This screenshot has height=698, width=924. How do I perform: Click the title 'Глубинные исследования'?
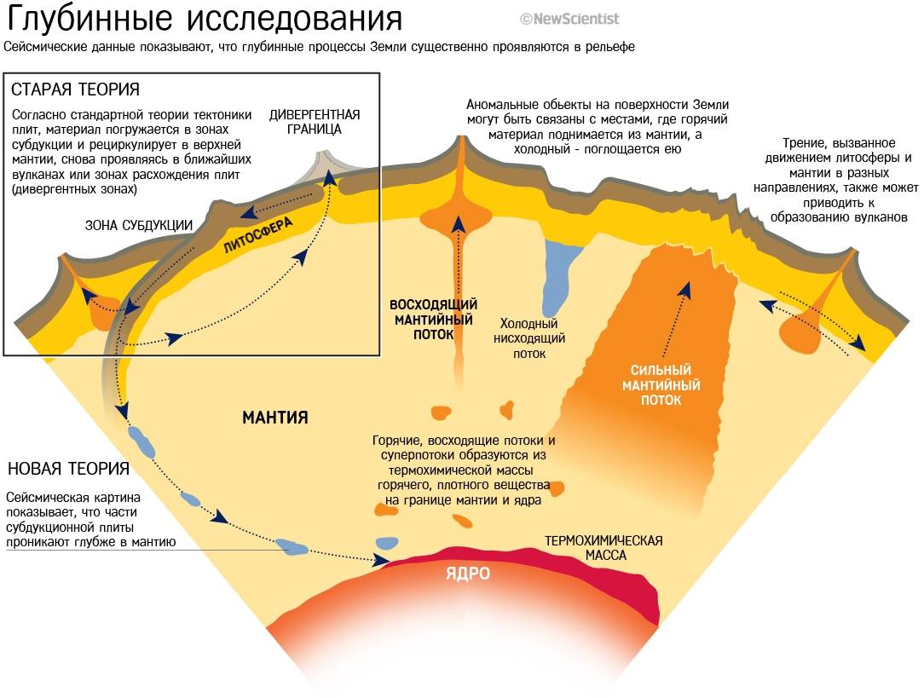(205, 19)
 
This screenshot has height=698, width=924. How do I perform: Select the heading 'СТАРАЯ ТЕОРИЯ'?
(76, 89)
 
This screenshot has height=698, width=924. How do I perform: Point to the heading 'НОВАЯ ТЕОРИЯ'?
(68, 469)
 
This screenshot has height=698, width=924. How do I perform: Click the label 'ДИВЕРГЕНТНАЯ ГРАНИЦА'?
(315, 122)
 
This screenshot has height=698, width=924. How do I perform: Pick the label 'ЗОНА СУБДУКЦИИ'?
(139, 225)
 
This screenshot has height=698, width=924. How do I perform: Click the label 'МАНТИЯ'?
(274, 418)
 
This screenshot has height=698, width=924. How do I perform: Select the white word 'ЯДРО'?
(468, 574)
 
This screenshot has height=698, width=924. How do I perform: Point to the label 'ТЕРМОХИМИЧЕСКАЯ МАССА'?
(603, 547)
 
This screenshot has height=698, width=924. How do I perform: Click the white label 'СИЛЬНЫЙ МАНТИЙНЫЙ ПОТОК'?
(666, 385)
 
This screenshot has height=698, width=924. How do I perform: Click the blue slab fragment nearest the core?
(387, 542)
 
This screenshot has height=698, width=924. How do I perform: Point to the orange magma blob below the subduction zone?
(102, 314)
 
